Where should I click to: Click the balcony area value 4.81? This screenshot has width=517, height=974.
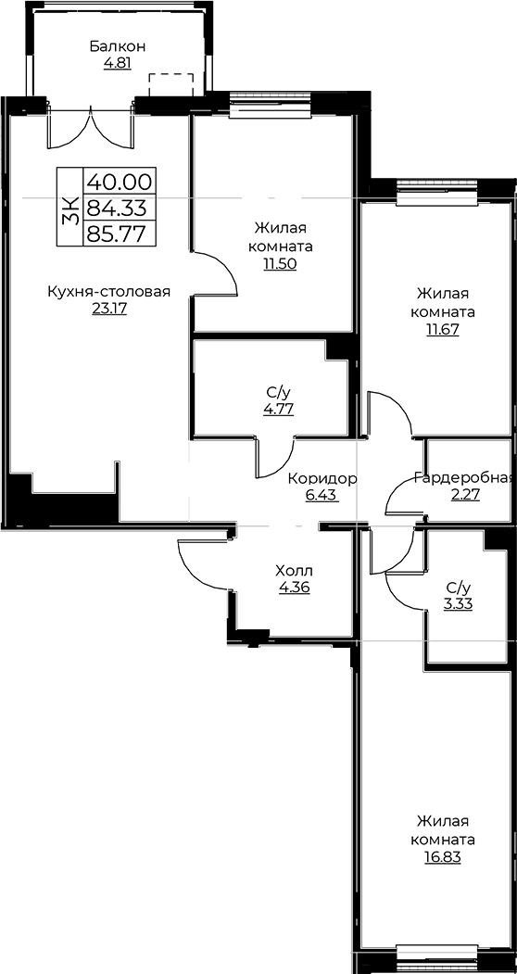tap(118, 63)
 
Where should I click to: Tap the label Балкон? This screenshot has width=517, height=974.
tap(118, 46)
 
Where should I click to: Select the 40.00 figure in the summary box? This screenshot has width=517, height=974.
tap(120, 182)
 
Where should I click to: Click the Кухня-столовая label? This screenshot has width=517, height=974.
tap(108, 292)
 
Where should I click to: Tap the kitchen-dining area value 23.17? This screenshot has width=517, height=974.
tap(109, 309)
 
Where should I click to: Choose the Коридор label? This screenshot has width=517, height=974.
tap(322, 479)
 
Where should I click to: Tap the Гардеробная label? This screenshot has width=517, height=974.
tap(463, 478)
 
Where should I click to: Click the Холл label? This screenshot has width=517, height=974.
tap(294, 570)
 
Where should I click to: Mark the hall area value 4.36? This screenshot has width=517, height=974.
tap(295, 587)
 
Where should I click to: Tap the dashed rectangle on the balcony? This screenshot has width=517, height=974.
tap(171, 84)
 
